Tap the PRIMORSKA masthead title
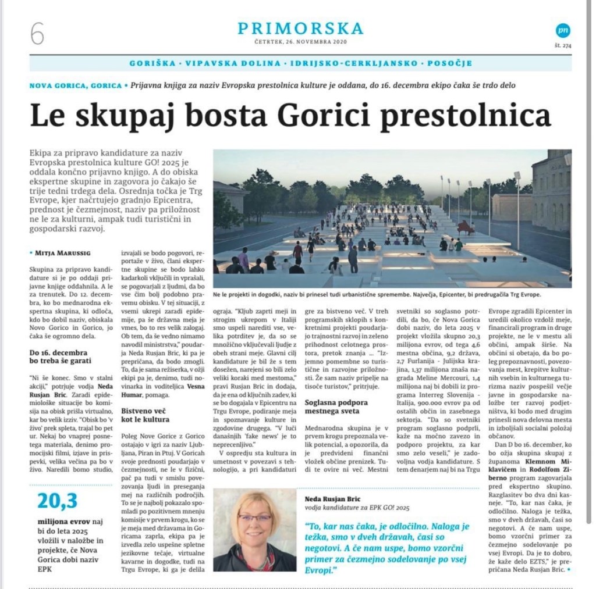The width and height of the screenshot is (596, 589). [x=300, y=28]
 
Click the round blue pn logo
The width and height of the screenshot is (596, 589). [x=562, y=31]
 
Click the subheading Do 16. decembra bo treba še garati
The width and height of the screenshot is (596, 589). [x=58, y=356]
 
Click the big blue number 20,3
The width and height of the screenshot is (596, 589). [x=58, y=501]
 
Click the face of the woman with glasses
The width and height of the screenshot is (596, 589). [x=254, y=519]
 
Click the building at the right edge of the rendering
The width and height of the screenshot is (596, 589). [x=551, y=192]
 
